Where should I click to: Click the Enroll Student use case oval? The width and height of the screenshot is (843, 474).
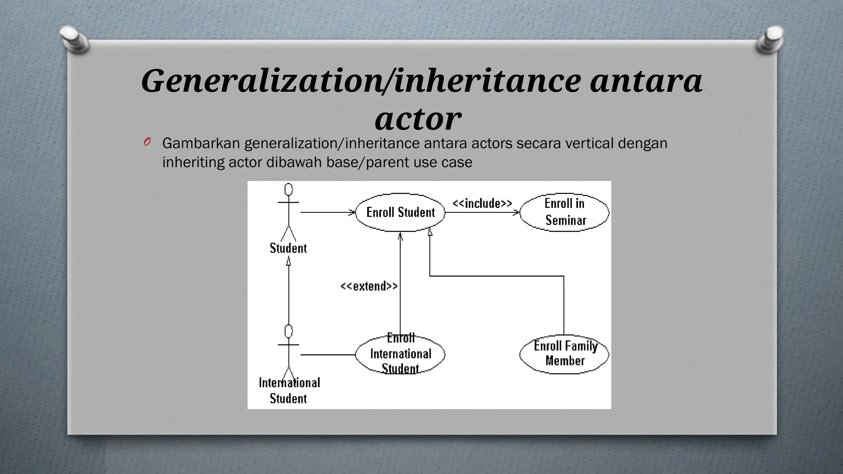click(400, 212)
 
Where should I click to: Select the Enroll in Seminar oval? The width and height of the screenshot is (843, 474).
click(564, 212)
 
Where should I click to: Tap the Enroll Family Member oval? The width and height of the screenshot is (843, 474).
click(564, 354)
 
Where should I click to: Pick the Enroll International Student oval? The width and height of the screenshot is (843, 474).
click(400, 354)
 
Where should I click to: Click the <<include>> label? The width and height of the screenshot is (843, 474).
click(482, 204)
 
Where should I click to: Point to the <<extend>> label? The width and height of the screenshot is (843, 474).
click(369, 286)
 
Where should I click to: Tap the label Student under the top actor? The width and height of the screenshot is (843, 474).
click(288, 249)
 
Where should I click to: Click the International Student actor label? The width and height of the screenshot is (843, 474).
click(289, 390)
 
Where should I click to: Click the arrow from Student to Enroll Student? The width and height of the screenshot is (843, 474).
click(328, 212)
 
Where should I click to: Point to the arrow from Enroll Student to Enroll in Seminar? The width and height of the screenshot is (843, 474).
click(482, 213)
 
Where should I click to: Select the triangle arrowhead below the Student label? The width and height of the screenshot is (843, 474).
click(289, 261)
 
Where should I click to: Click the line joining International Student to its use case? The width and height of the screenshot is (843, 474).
click(328, 354)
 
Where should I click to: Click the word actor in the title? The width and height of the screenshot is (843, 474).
click(418, 118)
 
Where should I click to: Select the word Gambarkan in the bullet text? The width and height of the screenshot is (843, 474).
click(201, 143)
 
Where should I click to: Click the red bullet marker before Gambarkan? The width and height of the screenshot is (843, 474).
click(147, 142)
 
